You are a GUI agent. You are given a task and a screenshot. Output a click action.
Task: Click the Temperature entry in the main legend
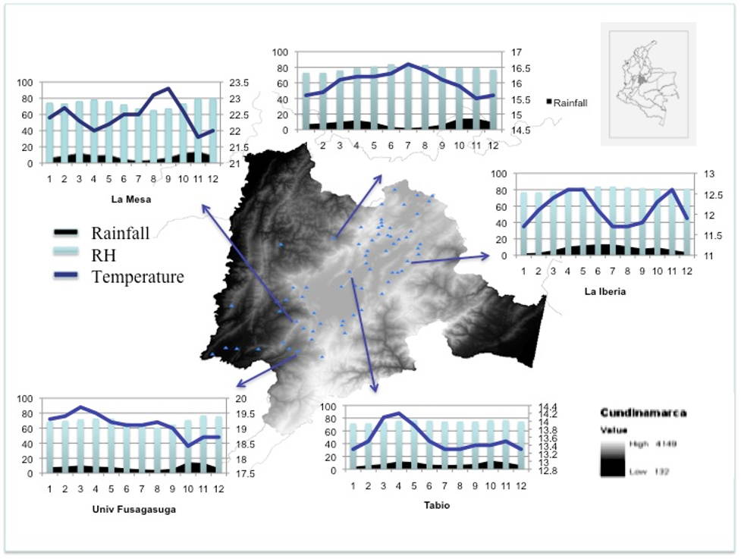(137, 277)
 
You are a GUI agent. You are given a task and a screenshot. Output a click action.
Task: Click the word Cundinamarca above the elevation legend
(643, 413)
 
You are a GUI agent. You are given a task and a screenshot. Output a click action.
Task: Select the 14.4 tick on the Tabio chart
(548, 407)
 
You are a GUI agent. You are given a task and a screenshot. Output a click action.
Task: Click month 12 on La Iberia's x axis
(686, 271)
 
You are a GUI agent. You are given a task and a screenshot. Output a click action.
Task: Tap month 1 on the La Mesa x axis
(49, 179)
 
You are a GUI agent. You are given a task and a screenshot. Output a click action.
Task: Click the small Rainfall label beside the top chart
(570, 102)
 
